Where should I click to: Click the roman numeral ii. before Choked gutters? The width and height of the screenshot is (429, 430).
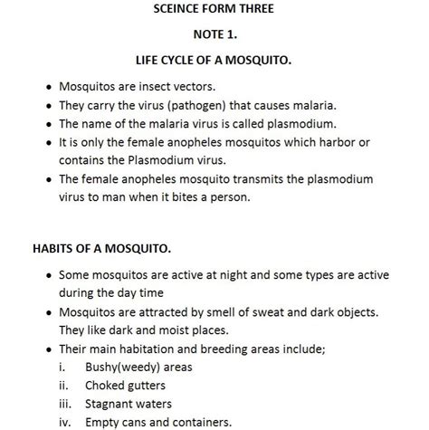point(63,386)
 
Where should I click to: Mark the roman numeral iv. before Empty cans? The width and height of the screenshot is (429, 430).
point(64,422)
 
